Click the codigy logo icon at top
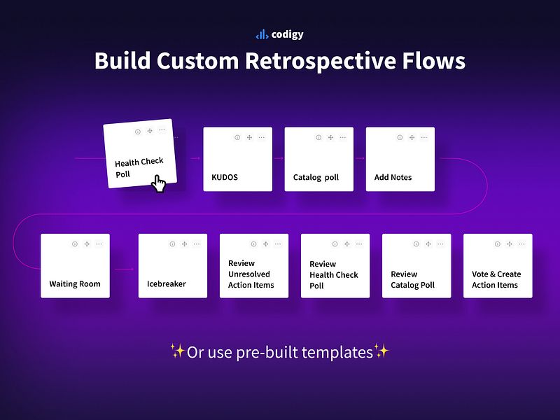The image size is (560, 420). [x=262, y=34]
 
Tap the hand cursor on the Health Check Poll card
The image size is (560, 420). [x=160, y=184]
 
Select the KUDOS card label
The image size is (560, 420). [x=225, y=178]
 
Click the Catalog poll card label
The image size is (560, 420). [x=316, y=178]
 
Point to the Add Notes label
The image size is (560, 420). [x=393, y=178]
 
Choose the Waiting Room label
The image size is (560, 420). [x=75, y=284]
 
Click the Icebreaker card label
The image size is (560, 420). [x=167, y=285]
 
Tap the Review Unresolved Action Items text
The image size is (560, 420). [x=251, y=274]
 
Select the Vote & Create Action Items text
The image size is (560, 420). [x=496, y=279]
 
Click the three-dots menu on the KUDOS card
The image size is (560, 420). [x=261, y=137]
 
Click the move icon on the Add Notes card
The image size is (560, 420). [x=412, y=137]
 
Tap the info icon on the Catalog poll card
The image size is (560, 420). [x=318, y=137]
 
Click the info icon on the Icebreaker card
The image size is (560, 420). [x=172, y=244]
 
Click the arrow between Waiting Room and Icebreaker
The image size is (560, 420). [x=124, y=269]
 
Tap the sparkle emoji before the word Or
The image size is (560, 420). [x=177, y=351]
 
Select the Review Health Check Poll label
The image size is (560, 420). [x=334, y=275]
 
